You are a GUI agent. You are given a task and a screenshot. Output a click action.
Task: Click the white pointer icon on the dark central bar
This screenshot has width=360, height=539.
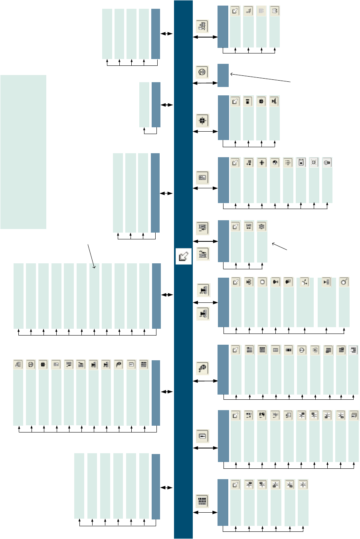pos(184,256)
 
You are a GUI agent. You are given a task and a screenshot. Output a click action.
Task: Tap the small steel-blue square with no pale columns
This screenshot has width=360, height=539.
pos(223,75)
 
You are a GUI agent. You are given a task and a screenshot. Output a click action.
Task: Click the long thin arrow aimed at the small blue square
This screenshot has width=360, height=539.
pos(261,77)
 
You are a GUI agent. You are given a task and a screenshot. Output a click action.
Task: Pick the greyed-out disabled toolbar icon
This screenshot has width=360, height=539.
pos(261,11)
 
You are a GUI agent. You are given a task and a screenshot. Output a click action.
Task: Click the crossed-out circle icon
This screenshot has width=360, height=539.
pos(314,163)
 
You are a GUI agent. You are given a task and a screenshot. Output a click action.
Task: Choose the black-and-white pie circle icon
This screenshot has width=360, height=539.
pos(275,163)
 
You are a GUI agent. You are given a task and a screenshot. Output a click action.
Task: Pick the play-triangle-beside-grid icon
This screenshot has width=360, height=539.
pos(326,282)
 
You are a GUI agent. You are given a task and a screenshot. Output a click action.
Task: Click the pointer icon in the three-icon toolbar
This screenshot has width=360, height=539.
pos(235,227)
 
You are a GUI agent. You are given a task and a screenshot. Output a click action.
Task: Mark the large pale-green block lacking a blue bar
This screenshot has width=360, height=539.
pos(23,152)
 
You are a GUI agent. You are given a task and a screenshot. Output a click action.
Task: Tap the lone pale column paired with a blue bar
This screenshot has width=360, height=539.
pos(144,105)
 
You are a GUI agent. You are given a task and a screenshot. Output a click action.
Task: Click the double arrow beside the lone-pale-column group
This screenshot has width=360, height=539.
pos(167,105)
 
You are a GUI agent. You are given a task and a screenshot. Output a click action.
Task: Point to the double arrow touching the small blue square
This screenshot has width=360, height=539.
pos(205,83)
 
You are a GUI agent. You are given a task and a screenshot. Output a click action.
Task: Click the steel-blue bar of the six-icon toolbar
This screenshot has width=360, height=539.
pos(223,502)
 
